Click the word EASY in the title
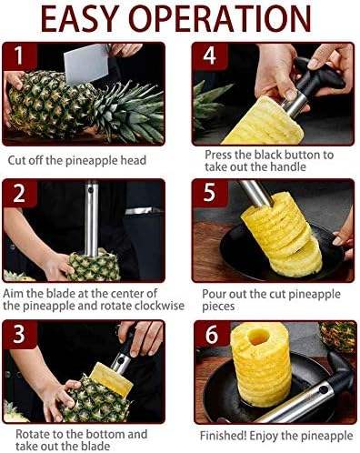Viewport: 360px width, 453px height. (78, 18)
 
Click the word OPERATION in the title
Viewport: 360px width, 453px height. (219, 18)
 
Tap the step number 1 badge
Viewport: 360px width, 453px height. (19, 56)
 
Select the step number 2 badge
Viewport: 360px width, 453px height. (19, 193)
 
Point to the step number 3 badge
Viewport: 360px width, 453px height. (19, 334)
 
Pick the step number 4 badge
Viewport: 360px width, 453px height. (210, 56)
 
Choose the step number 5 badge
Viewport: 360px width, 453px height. (210, 193)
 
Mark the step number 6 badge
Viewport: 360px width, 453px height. (212, 335)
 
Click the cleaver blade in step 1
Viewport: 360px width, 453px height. (85, 64)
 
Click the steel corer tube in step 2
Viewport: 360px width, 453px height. (92, 218)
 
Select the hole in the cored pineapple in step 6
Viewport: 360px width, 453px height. (258, 337)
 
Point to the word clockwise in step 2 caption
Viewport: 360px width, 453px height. (159, 306)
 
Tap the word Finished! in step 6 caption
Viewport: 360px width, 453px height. (223, 436)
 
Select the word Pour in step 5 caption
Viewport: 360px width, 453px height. (214, 294)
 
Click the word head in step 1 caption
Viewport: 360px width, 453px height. (134, 160)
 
